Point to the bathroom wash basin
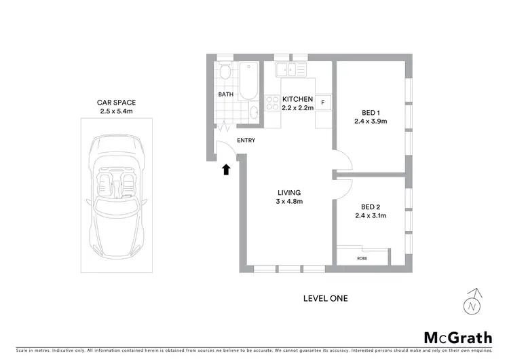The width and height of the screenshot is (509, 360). pos(253,113)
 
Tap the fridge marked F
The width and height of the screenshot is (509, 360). pos(322,103)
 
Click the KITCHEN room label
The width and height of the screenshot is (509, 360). pos(297,99)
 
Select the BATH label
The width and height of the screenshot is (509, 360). pos(226,95)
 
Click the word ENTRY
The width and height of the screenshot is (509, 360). pos(246,141)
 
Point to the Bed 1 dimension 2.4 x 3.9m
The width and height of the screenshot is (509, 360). pos(370,122)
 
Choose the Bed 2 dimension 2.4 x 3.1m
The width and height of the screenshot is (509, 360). pos(370,216)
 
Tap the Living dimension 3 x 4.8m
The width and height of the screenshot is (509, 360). pos(288,202)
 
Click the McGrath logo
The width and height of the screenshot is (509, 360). pos(458,338)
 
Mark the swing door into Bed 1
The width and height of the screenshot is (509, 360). pos(343,161)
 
